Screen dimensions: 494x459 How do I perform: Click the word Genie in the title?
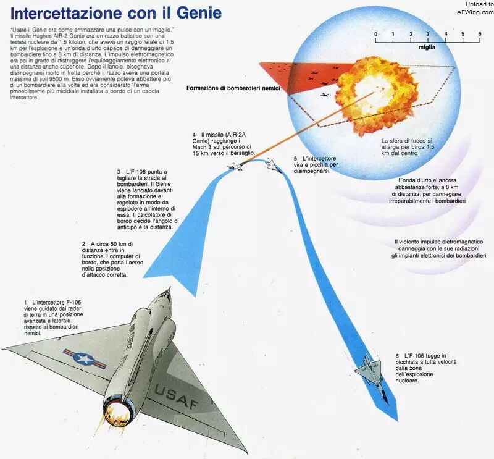pyautogui.click(x=199, y=13)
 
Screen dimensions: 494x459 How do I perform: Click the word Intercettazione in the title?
pyautogui.click(x=66, y=13)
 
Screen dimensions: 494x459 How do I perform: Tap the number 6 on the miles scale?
pyautogui.click(x=480, y=34)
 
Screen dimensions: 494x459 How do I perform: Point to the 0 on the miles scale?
pyautogui.click(x=376, y=34)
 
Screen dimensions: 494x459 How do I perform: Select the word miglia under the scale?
pyautogui.click(x=427, y=48)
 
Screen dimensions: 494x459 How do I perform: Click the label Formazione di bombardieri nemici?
pyautogui.click(x=233, y=88)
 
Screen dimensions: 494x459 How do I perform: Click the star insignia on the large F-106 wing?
pyautogui.click(x=84, y=359)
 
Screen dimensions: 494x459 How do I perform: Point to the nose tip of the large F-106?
pyautogui.click(x=170, y=287)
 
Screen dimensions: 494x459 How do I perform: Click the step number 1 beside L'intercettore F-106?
pyautogui.click(x=25, y=303)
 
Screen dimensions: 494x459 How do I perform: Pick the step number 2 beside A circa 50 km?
pyautogui.click(x=84, y=244)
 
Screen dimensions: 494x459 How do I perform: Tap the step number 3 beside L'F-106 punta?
pyautogui.click(x=119, y=172)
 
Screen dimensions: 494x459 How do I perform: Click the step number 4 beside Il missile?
pyautogui.click(x=194, y=135)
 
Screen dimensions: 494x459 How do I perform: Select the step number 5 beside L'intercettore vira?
pyautogui.click(x=296, y=159)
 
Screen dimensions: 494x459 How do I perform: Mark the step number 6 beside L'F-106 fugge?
pyautogui.click(x=397, y=356)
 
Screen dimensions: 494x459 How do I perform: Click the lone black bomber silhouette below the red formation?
pyautogui.click(x=325, y=95)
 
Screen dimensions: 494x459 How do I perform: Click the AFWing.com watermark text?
pyautogui.click(x=475, y=12)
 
